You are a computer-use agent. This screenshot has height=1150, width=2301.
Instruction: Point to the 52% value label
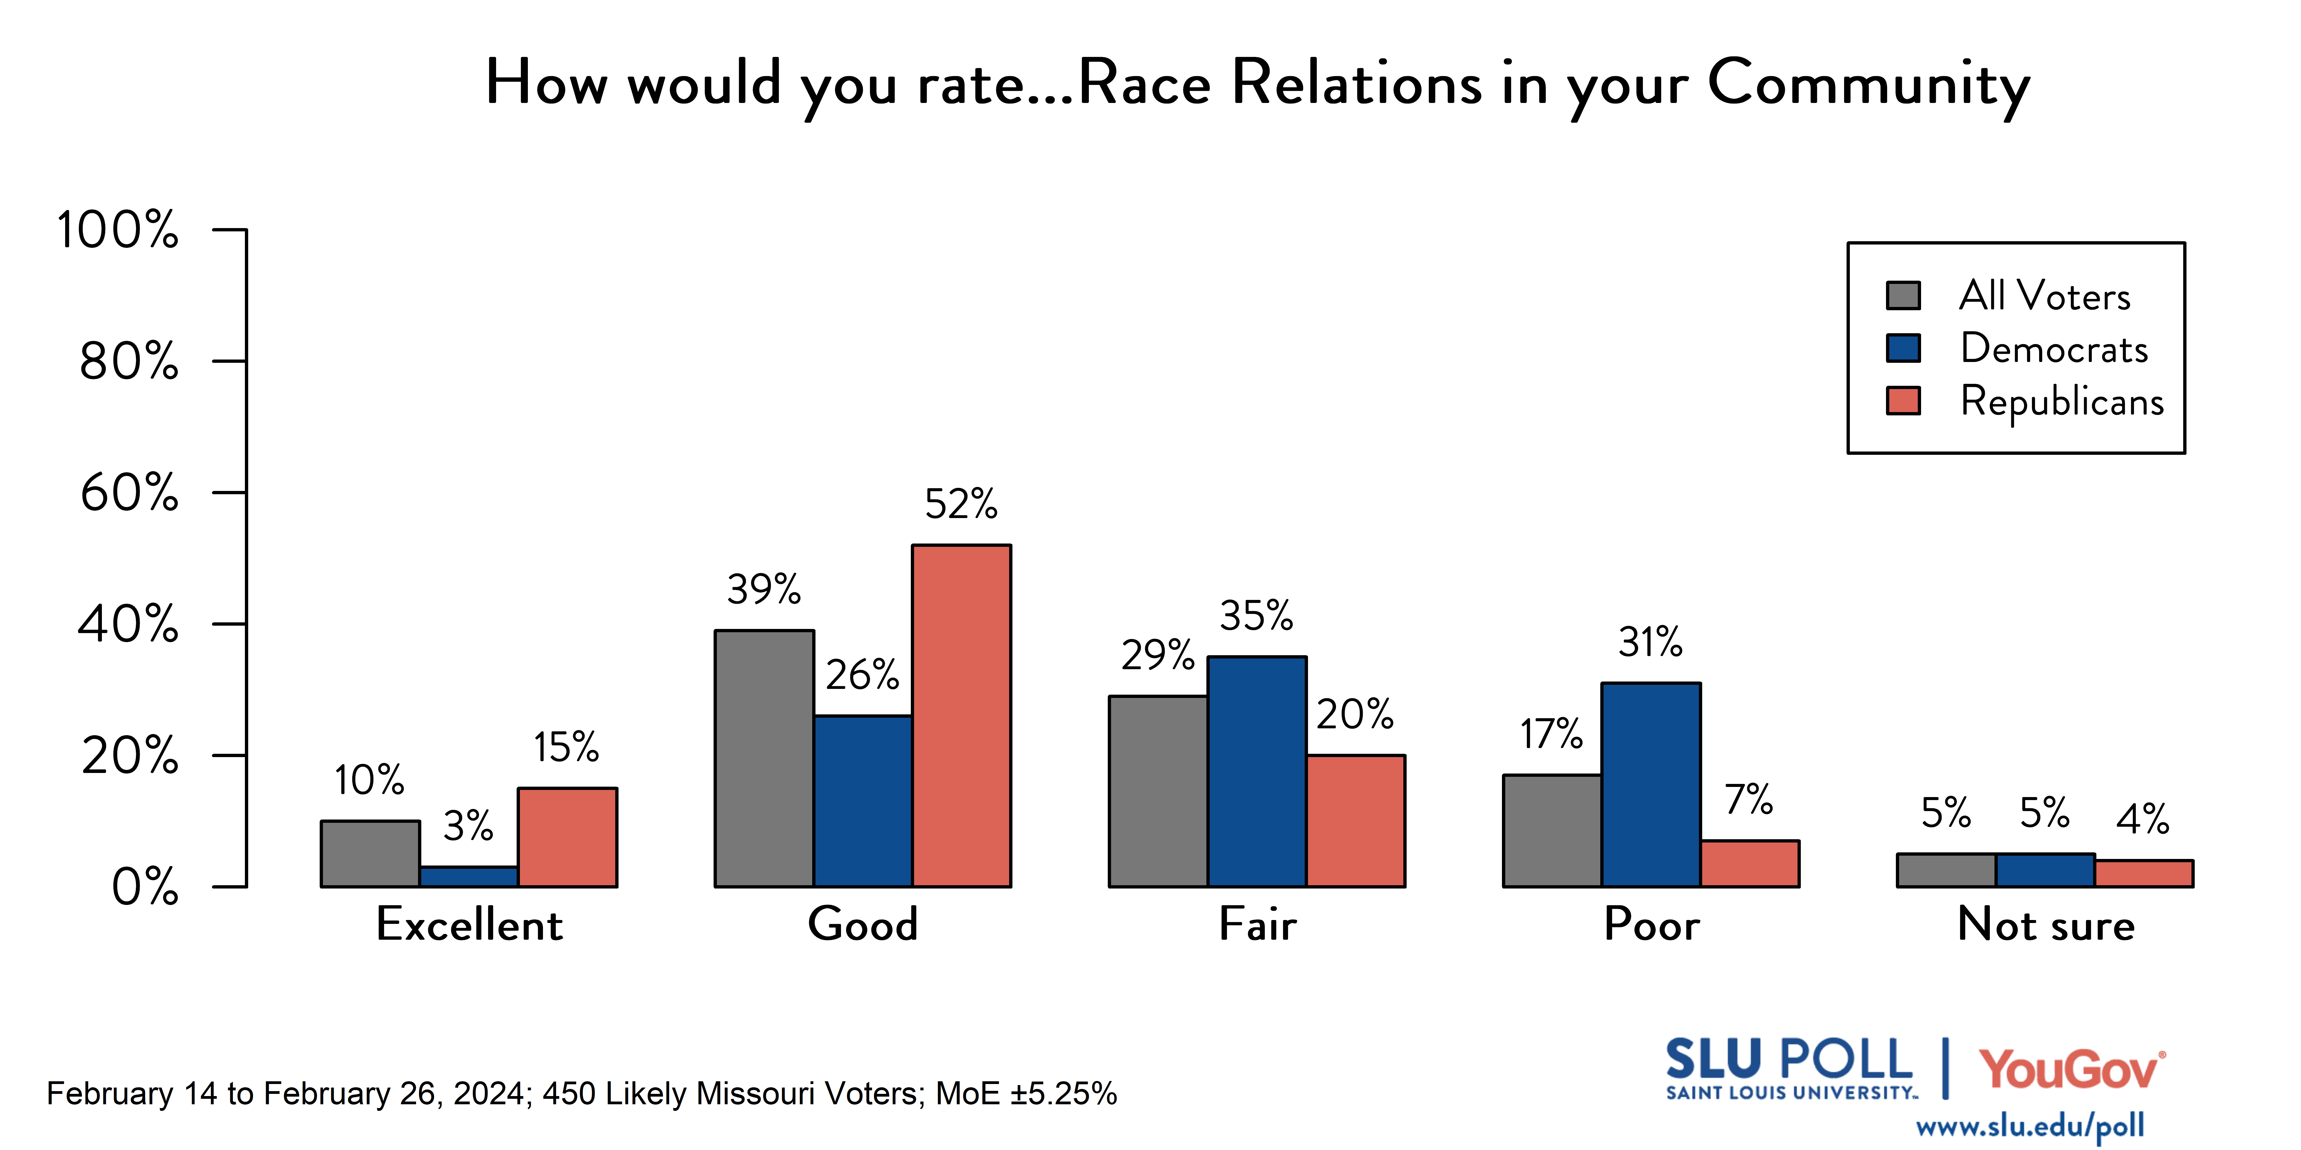[961, 504]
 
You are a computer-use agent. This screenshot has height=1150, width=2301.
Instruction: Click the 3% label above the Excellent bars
[468, 826]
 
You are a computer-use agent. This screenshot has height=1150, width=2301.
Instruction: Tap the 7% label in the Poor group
[1749, 800]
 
